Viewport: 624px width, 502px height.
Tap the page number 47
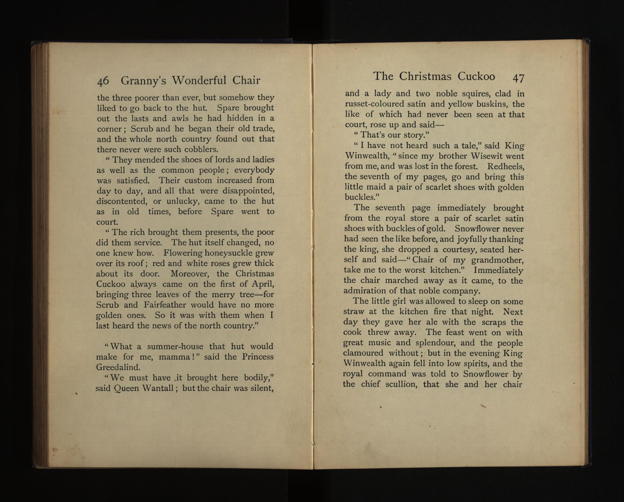518,78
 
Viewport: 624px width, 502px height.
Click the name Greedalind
118,367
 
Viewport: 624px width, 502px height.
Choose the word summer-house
175,346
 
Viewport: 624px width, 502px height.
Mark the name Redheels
506,167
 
